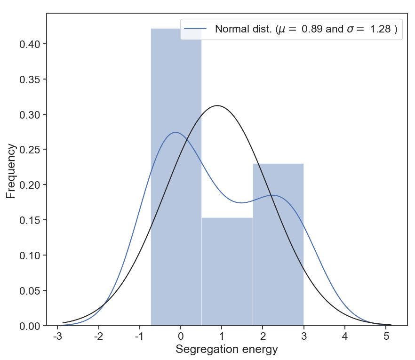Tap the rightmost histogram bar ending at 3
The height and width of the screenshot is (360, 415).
point(278,245)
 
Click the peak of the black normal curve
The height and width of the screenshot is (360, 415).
point(217,105)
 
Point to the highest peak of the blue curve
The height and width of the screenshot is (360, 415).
point(175,132)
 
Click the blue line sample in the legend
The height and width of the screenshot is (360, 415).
point(195,29)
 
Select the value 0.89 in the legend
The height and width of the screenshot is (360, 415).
point(311,29)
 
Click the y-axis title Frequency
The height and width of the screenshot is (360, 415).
point(11,171)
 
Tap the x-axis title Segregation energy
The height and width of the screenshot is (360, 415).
point(227,350)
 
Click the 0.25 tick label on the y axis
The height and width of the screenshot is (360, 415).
point(30,150)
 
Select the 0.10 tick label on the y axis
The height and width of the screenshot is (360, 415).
point(30,256)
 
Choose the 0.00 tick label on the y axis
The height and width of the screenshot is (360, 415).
point(30,326)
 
